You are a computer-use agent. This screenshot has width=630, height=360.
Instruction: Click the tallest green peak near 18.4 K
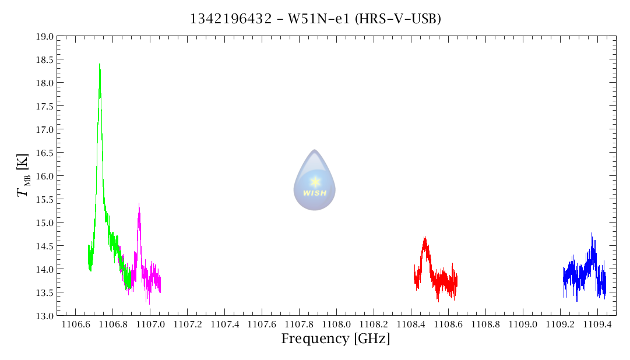point(100,65)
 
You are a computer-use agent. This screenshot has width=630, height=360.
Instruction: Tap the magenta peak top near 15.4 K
point(139,204)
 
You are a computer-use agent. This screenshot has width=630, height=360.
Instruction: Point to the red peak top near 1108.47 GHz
point(425,238)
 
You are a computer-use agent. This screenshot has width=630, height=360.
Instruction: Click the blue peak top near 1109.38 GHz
point(592,234)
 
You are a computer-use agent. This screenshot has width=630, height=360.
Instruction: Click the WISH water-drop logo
point(314,180)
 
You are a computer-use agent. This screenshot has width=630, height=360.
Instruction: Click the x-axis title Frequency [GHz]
point(336,339)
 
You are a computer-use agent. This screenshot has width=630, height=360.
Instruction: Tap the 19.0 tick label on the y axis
point(45,36)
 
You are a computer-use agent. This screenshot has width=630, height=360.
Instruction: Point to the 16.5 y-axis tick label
point(45,153)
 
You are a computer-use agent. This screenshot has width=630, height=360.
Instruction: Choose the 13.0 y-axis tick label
point(45,316)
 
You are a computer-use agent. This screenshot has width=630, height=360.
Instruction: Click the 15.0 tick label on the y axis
point(45,223)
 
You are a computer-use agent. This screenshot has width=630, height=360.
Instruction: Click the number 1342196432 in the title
point(231,19)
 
